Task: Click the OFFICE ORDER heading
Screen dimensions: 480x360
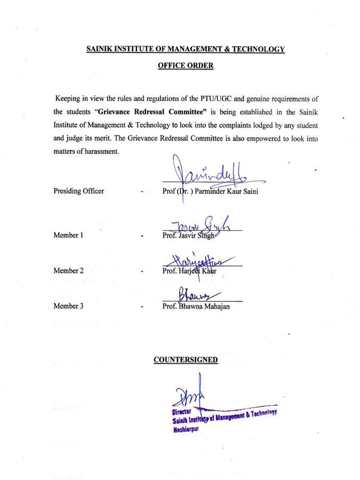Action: [185, 66]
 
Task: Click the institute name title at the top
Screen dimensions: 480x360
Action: [185, 49]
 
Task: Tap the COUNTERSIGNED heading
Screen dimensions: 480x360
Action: [185, 360]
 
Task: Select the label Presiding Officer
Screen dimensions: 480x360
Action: [78, 191]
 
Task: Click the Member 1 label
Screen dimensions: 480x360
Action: [68, 235]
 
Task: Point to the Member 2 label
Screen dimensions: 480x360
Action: [68, 271]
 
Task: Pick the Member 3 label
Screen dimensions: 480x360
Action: [68, 306]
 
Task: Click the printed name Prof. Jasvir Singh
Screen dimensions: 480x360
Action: [188, 236]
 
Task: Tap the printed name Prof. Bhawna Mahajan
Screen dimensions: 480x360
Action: [196, 306]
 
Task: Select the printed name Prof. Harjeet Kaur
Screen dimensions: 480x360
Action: [189, 271]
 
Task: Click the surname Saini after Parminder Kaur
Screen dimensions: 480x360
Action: [250, 191]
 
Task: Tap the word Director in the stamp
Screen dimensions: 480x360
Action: [181, 412]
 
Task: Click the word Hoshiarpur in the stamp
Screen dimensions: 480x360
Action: [186, 430]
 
